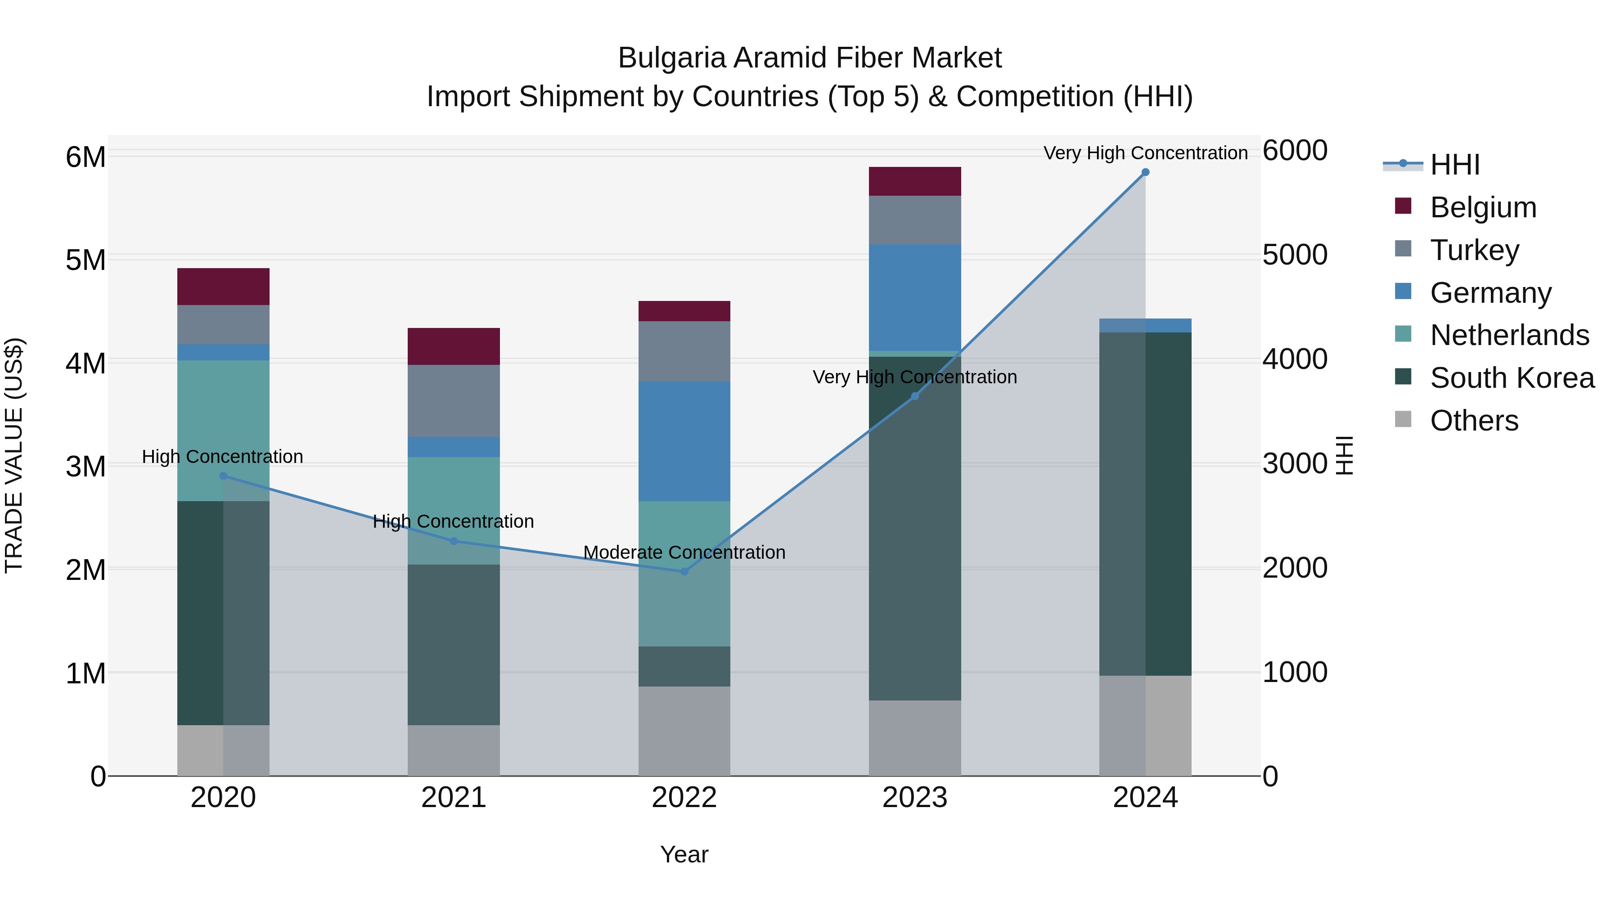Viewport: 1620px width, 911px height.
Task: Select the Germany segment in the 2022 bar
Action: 684,441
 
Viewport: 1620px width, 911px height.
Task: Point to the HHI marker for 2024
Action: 1145,172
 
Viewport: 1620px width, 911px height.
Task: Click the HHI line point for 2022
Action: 684,571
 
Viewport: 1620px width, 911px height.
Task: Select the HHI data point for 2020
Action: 223,476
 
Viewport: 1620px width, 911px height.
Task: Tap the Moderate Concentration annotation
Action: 684,552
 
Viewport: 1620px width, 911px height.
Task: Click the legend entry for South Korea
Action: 1512,378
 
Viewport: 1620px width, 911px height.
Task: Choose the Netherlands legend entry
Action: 1509,335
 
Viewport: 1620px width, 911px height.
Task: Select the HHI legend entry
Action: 1454,165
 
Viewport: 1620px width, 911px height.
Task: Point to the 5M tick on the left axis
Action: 85,260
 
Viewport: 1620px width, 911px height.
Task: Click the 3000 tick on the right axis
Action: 1295,463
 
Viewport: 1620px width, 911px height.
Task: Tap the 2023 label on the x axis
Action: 914,797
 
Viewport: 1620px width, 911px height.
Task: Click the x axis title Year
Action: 684,854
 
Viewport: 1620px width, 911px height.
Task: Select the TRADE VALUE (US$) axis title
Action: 14,455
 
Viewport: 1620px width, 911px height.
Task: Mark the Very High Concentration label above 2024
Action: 1145,153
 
